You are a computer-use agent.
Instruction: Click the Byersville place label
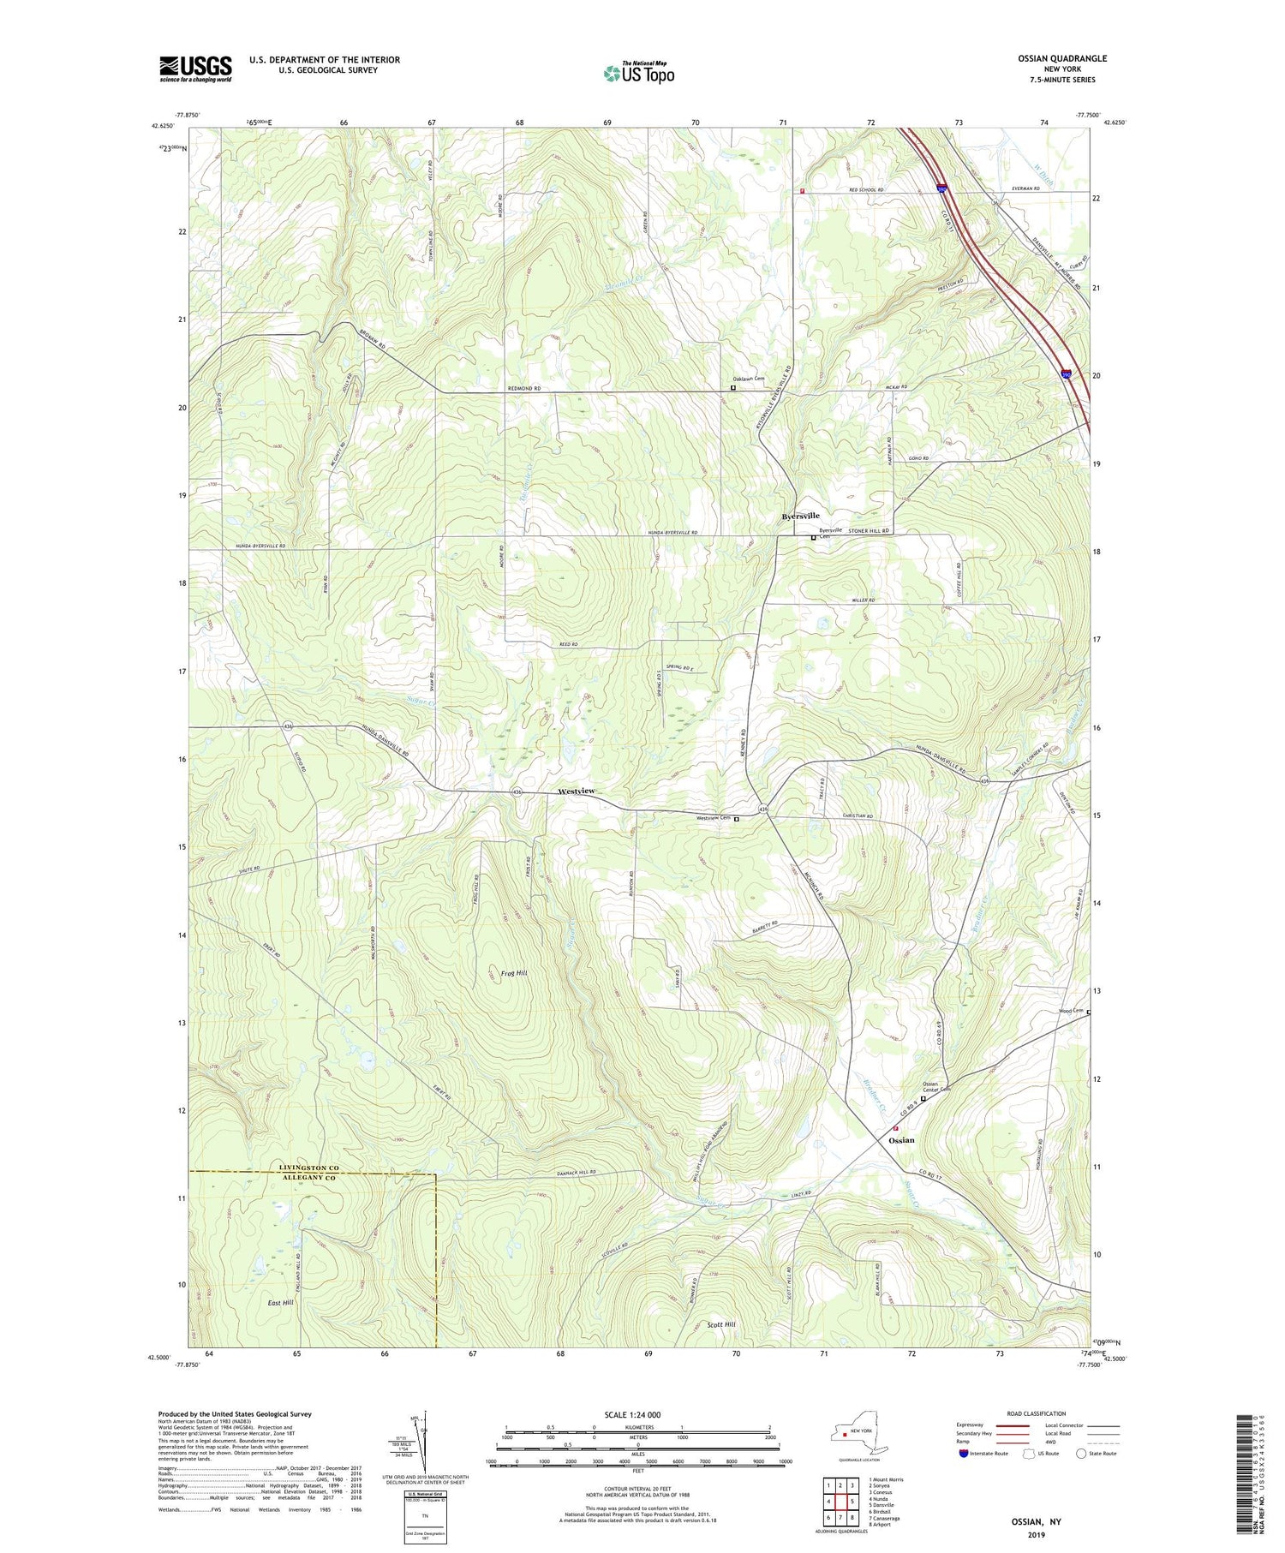click(x=800, y=516)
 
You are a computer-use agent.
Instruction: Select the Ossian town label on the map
click(x=901, y=1140)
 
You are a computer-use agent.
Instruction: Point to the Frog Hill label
click(x=514, y=973)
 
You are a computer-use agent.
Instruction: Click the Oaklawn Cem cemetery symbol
click(x=732, y=387)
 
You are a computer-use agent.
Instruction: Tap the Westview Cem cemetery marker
click(x=736, y=819)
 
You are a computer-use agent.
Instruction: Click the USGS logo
click(x=195, y=69)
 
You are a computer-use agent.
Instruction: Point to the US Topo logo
click(x=638, y=73)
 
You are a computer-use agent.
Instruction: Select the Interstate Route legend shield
click(x=965, y=1454)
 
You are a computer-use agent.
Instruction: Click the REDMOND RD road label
click(x=524, y=388)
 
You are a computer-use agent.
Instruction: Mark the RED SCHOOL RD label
click(x=865, y=189)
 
